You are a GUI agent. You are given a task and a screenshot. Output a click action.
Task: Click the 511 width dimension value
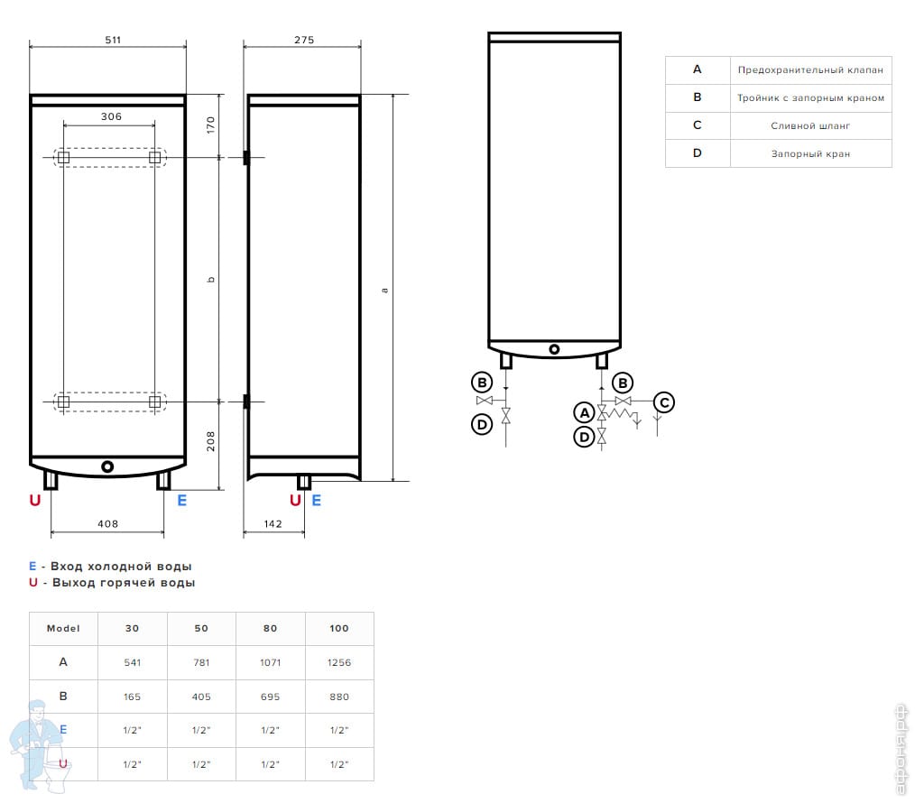[x=112, y=40]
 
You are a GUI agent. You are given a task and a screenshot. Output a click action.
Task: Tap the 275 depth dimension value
[x=304, y=40]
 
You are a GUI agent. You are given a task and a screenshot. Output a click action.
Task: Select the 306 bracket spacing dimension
[x=111, y=116]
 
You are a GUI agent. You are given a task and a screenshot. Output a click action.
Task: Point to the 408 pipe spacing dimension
[x=107, y=523]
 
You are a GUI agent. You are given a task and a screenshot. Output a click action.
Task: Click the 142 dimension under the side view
[x=273, y=523]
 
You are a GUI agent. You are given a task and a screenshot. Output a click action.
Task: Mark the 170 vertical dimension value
[x=210, y=125]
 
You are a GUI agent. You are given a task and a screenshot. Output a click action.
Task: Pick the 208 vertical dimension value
[x=210, y=442]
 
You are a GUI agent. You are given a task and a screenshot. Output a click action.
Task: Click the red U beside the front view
[x=35, y=501]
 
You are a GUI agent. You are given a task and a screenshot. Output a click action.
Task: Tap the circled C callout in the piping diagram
[x=663, y=402]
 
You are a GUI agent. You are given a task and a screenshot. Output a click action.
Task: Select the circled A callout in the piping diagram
[x=584, y=412]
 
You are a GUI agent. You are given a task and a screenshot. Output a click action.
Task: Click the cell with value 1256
[x=339, y=662]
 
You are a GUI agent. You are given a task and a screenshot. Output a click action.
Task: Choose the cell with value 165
[x=132, y=697]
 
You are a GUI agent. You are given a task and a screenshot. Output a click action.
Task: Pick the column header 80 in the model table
[x=270, y=628]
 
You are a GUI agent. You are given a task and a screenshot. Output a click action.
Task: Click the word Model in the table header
[x=63, y=628]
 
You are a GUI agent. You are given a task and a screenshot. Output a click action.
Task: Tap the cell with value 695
[x=270, y=697]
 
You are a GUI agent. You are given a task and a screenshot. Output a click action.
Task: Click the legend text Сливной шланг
[x=810, y=126]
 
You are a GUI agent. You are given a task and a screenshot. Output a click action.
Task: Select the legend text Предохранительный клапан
[x=810, y=69]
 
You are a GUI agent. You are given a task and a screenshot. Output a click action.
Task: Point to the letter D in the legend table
[x=697, y=153]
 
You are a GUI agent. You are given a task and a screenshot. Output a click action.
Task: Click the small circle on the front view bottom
[x=108, y=466]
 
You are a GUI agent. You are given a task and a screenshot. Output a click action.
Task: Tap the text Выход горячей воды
[x=124, y=583]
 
